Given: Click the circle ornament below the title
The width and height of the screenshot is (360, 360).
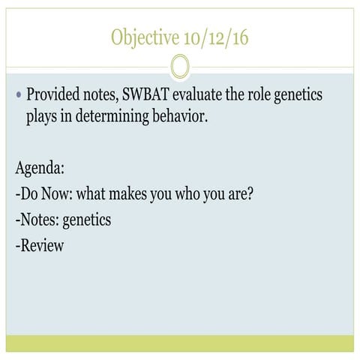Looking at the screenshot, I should click(x=179, y=67).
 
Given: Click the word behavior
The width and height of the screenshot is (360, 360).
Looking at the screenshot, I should click(x=187, y=116).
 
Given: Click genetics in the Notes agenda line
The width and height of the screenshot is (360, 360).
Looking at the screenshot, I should click(x=87, y=220).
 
